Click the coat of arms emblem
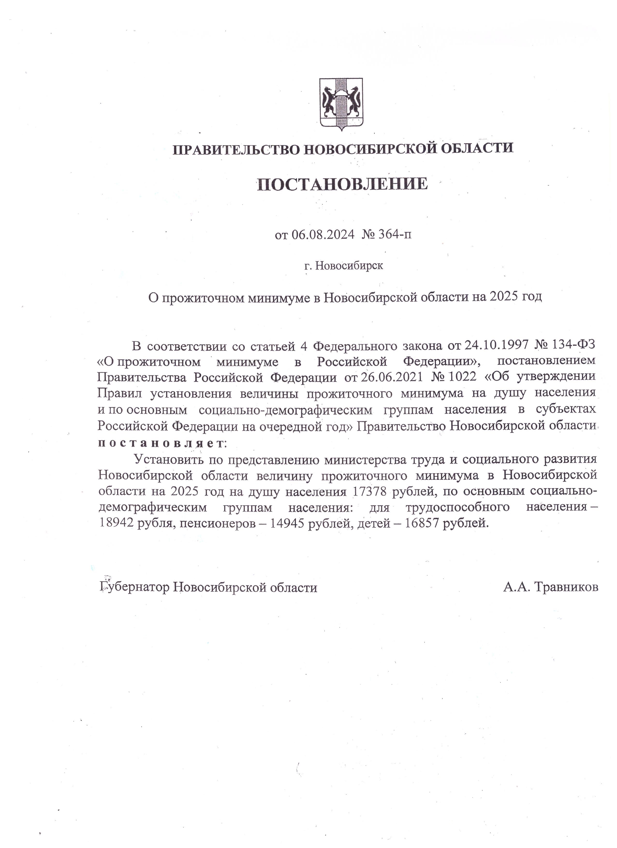(341, 104)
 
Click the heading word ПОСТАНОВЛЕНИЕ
(342, 184)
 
